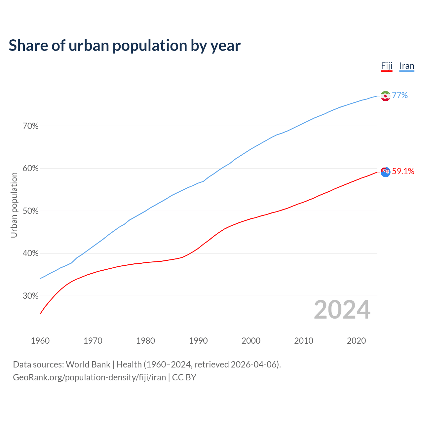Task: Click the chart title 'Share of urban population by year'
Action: coord(125,46)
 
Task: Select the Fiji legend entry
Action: coord(387,66)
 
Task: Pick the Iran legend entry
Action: coord(407,66)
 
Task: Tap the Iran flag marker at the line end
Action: coord(386,96)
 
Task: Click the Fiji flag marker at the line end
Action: coord(386,172)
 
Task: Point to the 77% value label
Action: coord(400,96)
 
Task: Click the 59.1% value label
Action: coord(403,171)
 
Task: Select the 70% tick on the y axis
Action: coord(31,126)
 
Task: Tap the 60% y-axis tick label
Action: coord(31,169)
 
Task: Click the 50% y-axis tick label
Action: coord(31,211)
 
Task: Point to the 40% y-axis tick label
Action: coord(31,253)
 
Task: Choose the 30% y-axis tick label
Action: coord(31,296)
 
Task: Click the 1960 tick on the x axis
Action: coord(40,341)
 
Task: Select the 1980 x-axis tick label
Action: coord(146,341)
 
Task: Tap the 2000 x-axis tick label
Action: coord(251,341)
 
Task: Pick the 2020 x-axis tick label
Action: coord(356,341)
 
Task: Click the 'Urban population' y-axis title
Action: coord(14,205)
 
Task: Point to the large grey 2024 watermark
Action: coord(342,310)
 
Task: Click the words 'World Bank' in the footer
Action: coord(88,365)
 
